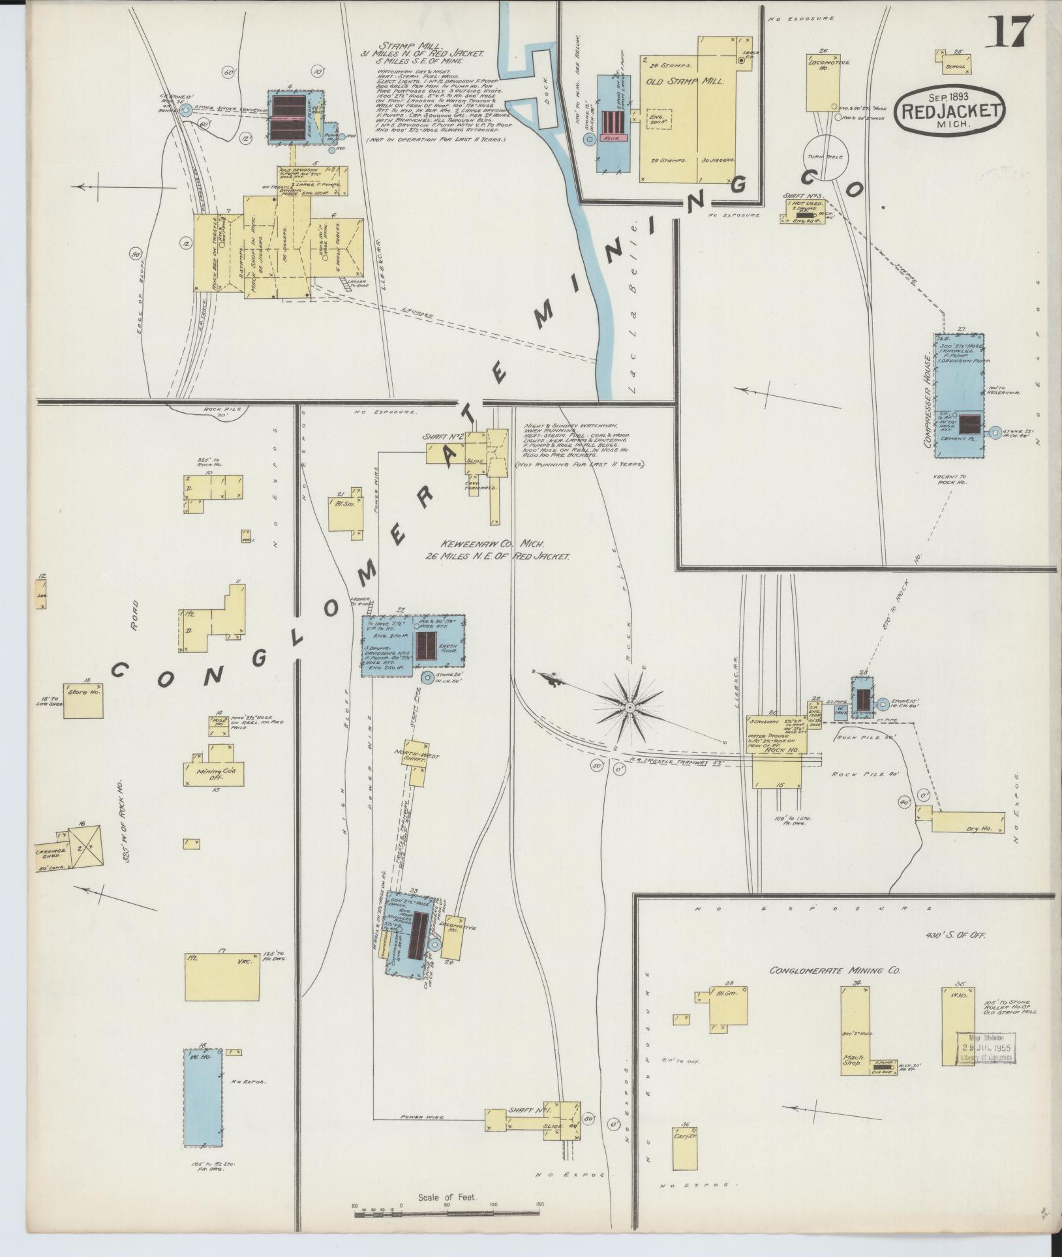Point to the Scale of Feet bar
[x=447, y=1214]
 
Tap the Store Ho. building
[x=83, y=701]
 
